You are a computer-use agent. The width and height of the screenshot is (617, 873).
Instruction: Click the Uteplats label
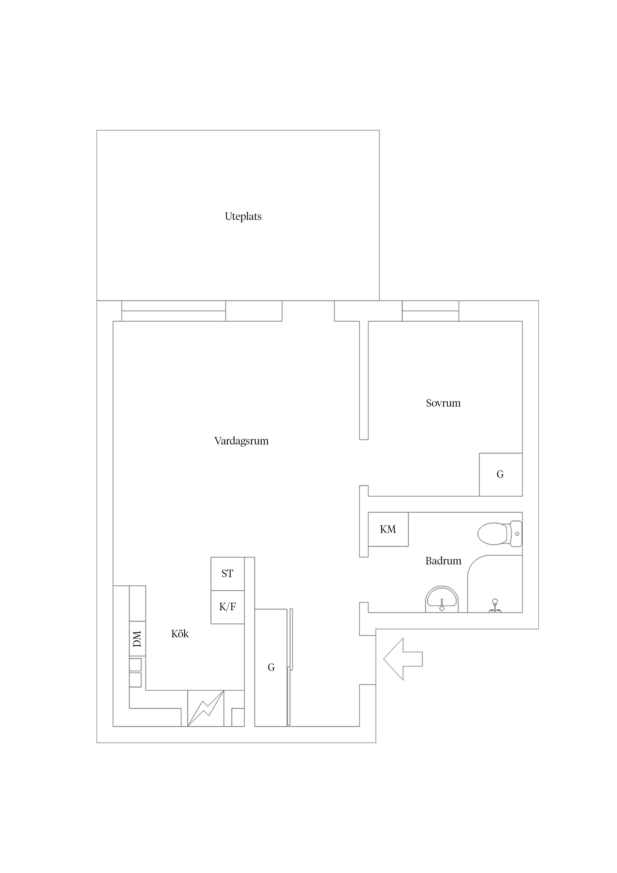243,217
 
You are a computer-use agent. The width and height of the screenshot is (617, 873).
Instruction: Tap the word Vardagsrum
241,441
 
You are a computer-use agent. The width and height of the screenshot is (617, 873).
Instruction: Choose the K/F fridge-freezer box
228,607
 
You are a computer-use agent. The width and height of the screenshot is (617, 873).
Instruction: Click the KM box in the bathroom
388,529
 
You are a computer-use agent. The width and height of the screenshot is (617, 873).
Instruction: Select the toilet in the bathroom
500,534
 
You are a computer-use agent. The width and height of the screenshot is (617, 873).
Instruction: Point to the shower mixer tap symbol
495,606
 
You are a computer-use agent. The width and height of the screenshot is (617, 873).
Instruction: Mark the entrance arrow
403,659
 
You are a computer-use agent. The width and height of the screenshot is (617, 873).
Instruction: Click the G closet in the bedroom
501,475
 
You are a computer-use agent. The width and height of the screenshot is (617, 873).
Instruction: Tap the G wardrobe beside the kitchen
271,667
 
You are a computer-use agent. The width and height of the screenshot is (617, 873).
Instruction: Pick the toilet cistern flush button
517,534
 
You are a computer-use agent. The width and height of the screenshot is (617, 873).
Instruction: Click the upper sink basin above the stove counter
135,665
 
